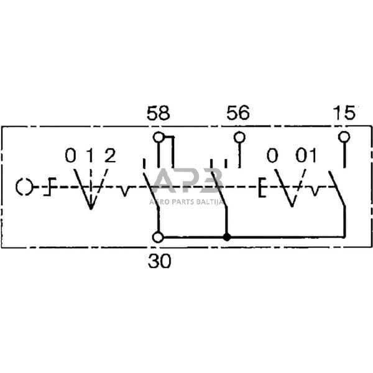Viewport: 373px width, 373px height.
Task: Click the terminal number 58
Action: point(158,114)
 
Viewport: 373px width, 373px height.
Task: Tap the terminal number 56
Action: point(238,114)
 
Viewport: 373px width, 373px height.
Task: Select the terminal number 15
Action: point(344,113)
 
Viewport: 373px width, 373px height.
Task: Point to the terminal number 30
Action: point(159,262)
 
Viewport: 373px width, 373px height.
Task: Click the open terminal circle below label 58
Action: point(159,137)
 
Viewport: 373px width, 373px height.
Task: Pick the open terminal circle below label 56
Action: point(239,137)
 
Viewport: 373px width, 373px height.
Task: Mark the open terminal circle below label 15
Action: point(344,137)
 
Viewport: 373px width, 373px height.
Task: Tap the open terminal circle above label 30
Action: point(159,237)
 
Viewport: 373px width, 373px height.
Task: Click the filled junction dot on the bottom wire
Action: point(227,237)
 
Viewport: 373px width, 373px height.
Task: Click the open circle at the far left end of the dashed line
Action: point(24,186)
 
